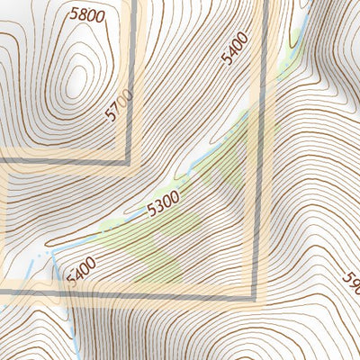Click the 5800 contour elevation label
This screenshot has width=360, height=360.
tap(85, 14)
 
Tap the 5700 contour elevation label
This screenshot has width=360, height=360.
tap(119, 105)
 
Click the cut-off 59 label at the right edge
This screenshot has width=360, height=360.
tap(352, 285)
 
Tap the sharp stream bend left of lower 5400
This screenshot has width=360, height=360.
tap(52, 253)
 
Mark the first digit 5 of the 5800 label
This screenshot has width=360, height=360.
tap(72, 13)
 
